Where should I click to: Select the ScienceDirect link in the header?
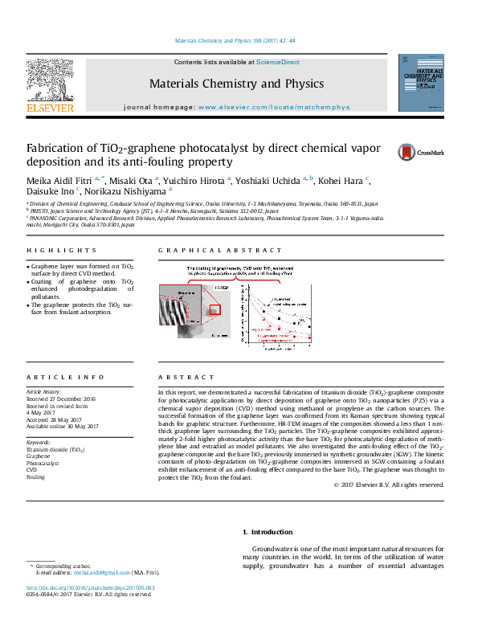(x=278, y=62)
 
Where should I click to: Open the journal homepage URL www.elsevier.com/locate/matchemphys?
(x=274, y=107)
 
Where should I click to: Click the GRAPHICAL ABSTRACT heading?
(x=220, y=251)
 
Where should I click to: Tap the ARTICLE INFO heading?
(x=65, y=377)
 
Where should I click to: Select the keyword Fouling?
(x=35, y=477)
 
